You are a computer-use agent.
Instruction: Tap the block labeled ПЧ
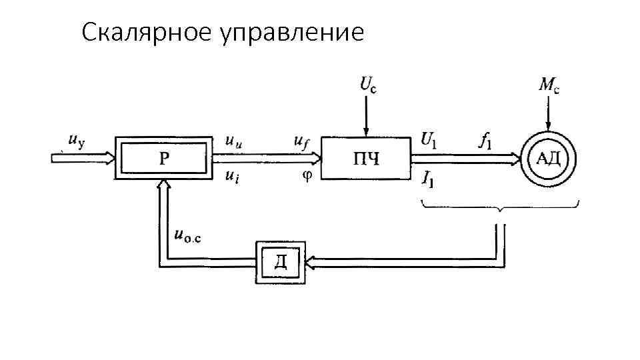[x=365, y=159]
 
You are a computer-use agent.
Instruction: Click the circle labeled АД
[x=548, y=159]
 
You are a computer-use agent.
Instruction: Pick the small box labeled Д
[x=281, y=261]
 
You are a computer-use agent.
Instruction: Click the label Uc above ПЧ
[x=368, y=85]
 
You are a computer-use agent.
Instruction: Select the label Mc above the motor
[x=549, y=85]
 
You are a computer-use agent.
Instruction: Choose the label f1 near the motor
[x=485, y=140]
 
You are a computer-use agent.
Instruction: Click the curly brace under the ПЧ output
[x=501, y=206]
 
